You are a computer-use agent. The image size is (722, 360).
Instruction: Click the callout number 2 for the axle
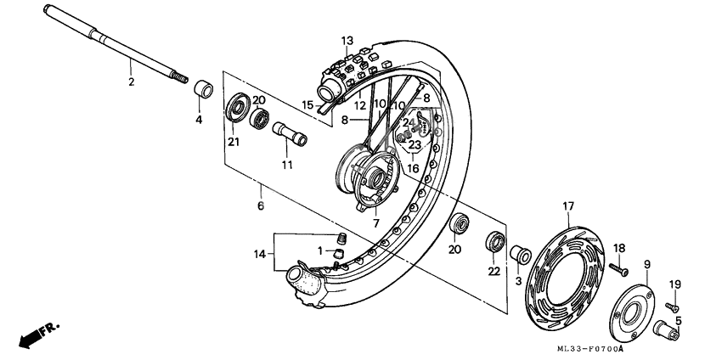(131, 82)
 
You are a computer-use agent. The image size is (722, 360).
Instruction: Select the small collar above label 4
(202, 89)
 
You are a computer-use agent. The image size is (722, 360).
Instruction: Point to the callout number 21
(232, 141)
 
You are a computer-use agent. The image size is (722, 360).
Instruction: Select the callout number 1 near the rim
(320, 251)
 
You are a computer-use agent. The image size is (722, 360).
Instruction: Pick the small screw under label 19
(670, 303)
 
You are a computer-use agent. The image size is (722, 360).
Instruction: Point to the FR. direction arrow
(33, 334)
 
